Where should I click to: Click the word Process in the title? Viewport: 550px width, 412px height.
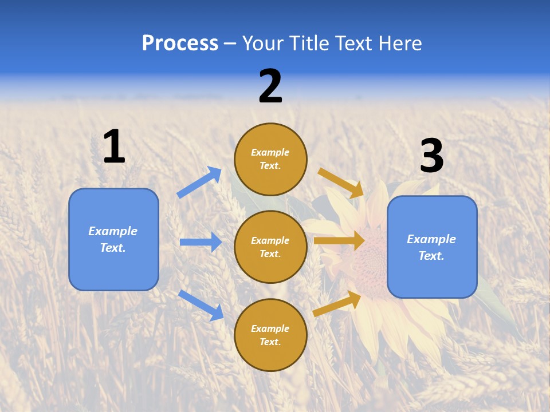click(180, 43)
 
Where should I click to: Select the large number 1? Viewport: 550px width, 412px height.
click(114, 146)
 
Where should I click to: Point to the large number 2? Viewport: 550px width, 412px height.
click(270, 86)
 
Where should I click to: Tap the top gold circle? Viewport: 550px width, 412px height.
click(270, 159)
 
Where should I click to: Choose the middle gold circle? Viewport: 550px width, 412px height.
click(270, 247)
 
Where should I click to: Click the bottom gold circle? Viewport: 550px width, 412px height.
click(270, 335)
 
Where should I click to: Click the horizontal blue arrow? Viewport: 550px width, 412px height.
click(201, 242)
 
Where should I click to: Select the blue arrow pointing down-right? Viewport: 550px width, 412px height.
click(201, 304)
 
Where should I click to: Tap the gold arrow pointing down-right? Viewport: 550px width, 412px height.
click(341, 183)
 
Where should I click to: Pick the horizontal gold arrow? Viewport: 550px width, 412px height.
click(339, 240)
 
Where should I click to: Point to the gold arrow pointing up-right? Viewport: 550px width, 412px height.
click(337, 304)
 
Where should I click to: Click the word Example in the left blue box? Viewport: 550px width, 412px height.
click(113, 231)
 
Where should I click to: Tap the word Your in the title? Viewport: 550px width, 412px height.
click(262, 43)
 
